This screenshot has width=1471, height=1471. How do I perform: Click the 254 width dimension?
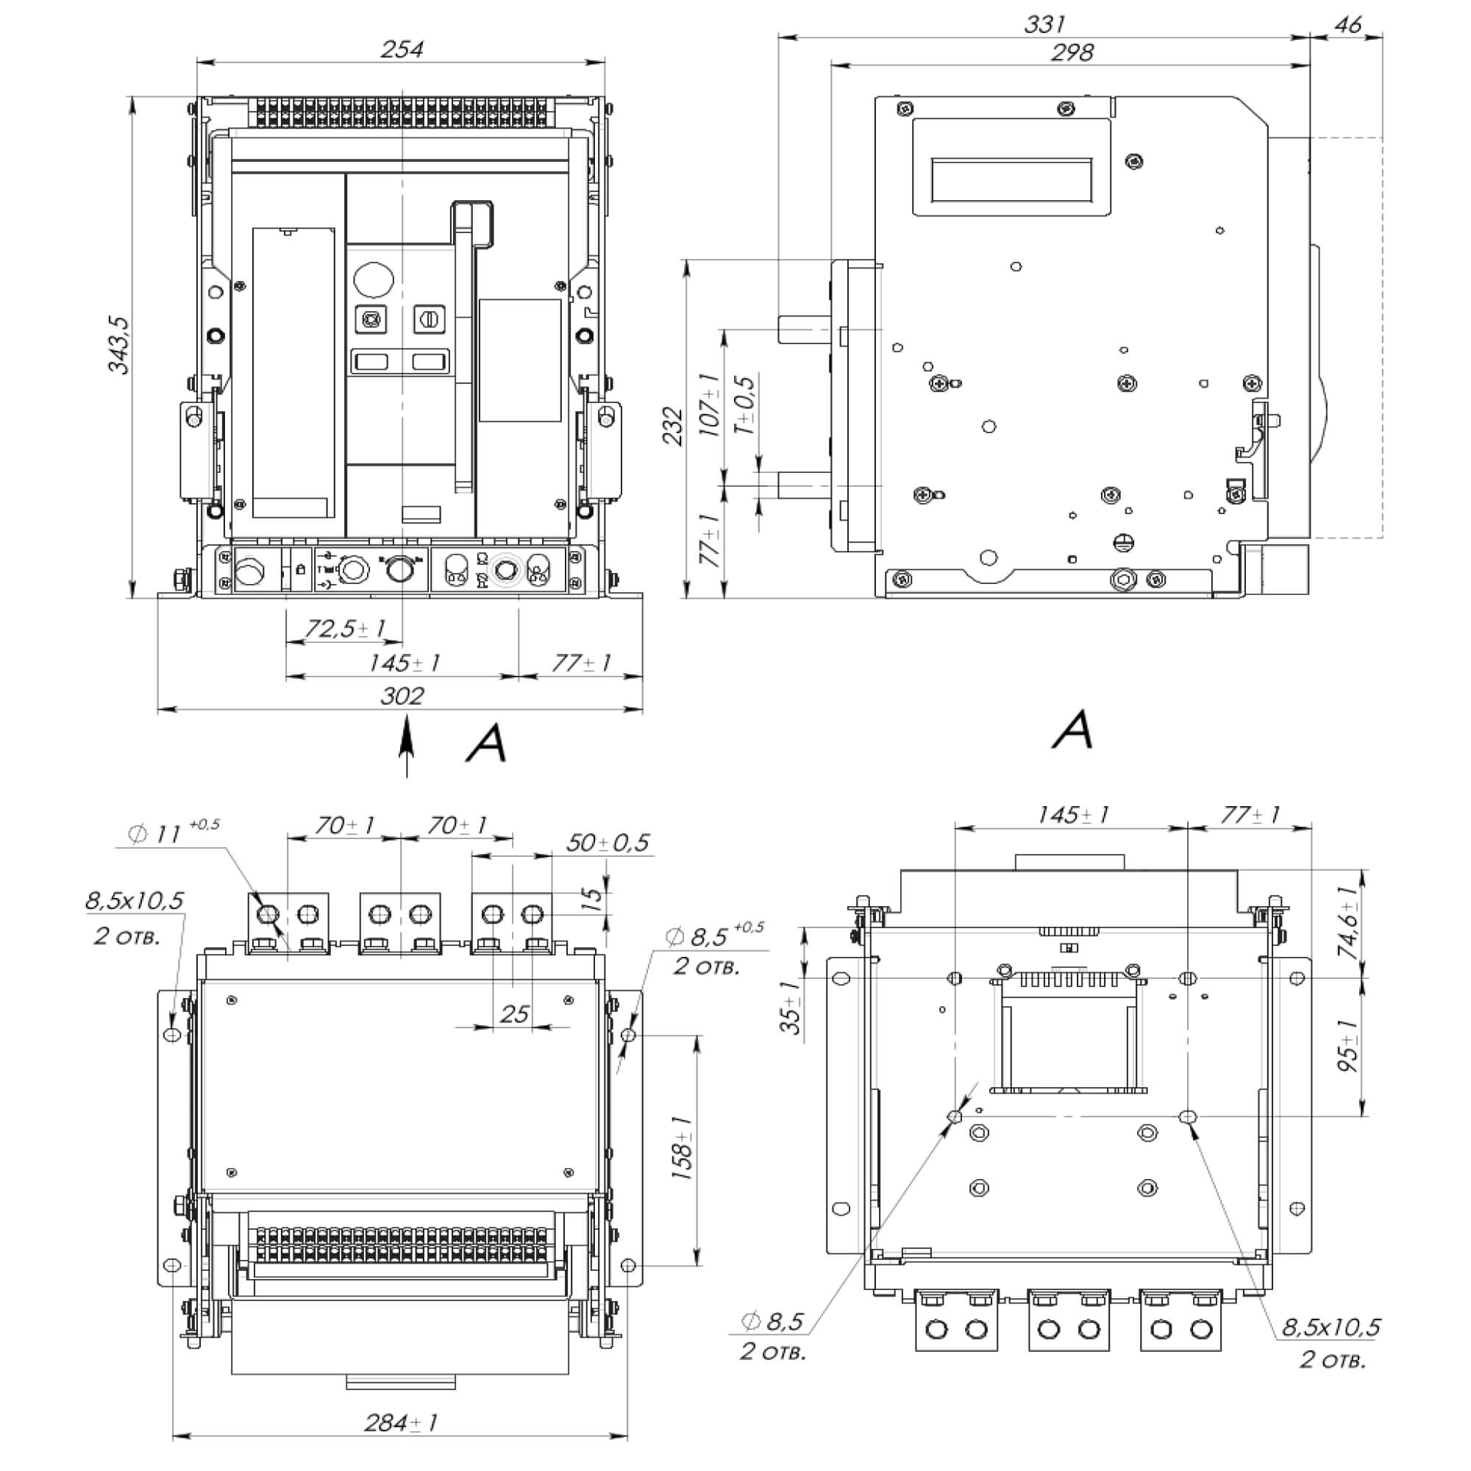pyautogui.click(x=402, y=49)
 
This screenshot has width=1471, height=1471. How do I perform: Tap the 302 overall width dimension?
pyautogui.click(x=402, y=696)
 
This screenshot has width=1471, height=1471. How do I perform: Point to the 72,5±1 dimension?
pyautogui.click(x=345, y=629)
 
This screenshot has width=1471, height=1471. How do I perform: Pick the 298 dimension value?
pyautogui.click(x=1072, y=52)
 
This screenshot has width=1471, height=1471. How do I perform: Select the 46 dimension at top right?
pyautogui.click(x=1347, y=25)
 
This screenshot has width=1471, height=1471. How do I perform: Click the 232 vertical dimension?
pyautogui.click(x=672, y=427)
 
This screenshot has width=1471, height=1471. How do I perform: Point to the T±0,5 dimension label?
pyautogui.click(x=744, y=405)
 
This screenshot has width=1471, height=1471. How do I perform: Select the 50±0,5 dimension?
pyautogui.click(x=607, y=843)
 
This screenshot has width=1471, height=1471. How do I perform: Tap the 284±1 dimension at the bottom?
pyautogui.click(x=401, y=1422)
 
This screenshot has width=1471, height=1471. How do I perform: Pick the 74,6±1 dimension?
pyautogui.click(x=1348, y=923)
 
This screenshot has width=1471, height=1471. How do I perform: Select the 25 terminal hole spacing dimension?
pyautogui.click(x=515, y=1014)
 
